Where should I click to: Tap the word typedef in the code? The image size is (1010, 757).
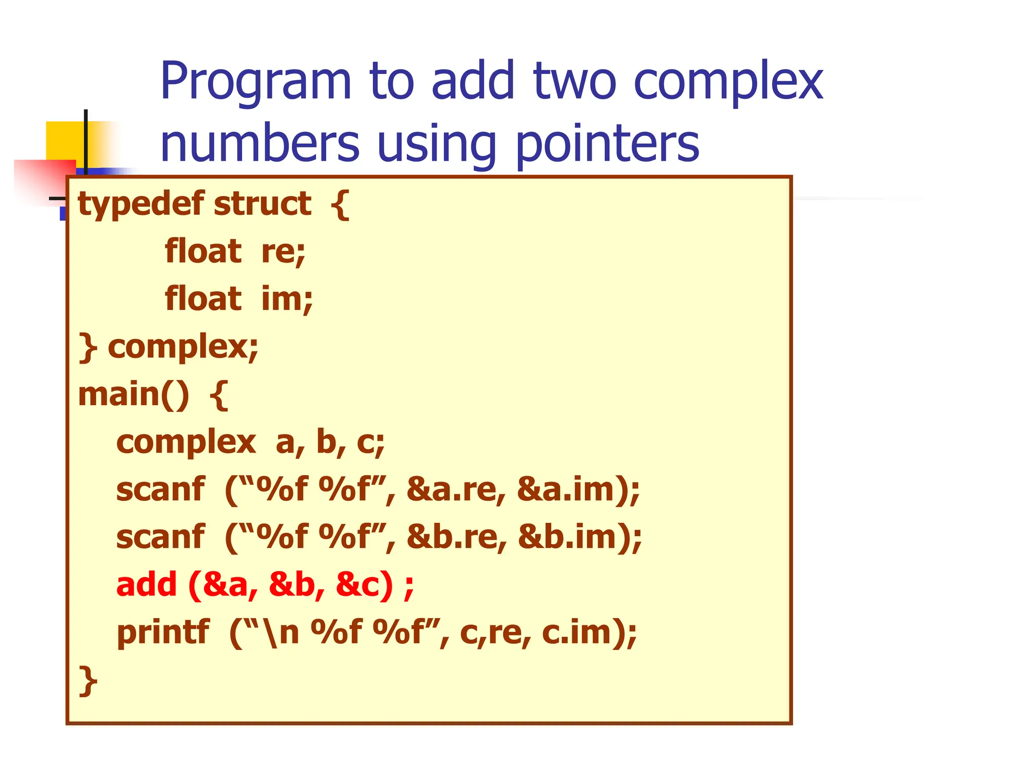[x=141, y=205]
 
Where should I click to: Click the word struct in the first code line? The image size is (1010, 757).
[x=263, y=204]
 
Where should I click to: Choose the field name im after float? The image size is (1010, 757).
[x=287, y=299]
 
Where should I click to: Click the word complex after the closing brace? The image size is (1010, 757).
[x=183, y=347]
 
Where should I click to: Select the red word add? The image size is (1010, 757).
[x=146, y=585]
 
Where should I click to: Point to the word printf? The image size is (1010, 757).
[x=163, y=632]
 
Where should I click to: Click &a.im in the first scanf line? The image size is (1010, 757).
[x=570, y=490]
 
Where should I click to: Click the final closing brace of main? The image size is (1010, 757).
[x=87, y=680]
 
